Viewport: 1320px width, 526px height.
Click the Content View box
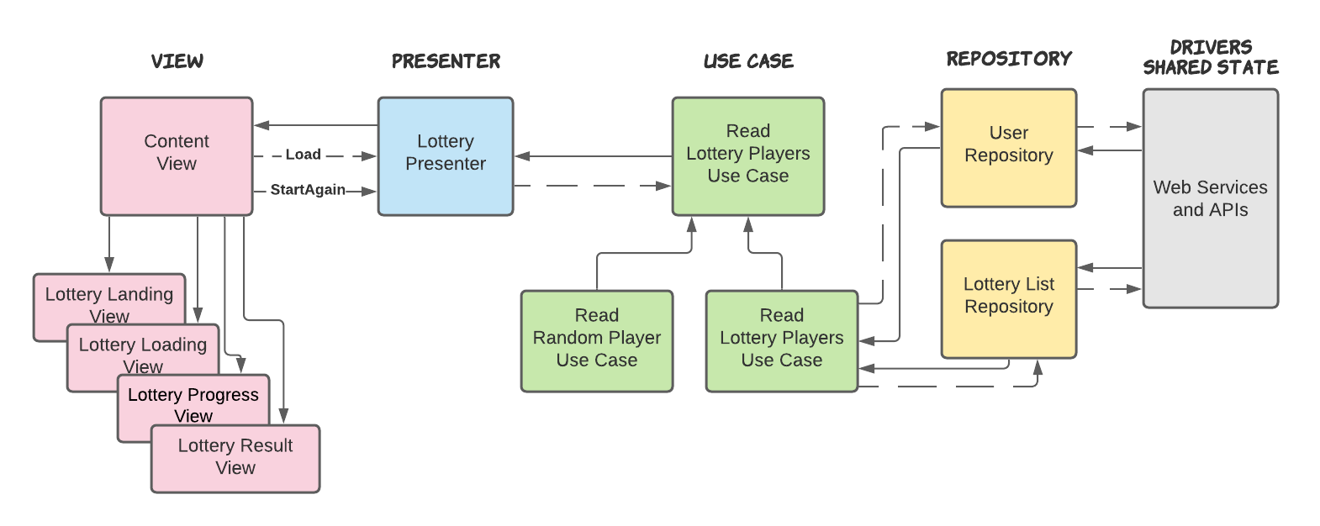coord(177,155)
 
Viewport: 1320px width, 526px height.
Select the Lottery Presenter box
coord(446,155)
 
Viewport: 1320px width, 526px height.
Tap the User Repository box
coord(1008,147)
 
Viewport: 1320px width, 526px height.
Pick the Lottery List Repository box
coord(1008,298)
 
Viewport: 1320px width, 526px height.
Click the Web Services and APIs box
coord(1210,198)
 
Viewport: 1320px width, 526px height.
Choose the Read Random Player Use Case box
coord(597,340)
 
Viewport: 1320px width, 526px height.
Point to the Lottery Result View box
coord(235,458)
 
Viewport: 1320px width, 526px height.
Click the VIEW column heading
coord(177,61)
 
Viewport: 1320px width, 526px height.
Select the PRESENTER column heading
coord(446,61)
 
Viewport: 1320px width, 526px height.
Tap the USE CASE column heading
coord(748,61)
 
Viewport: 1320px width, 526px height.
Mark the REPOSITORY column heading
coord(1009,59)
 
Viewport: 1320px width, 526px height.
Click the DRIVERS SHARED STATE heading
coord(1211,58)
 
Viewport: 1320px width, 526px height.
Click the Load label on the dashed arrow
coord(303,155)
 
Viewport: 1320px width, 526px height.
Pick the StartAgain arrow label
coord(308,190)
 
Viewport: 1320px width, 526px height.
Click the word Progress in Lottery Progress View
coord(223,395)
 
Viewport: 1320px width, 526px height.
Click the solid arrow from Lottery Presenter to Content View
coord(315,125)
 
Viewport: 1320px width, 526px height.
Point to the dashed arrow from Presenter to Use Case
coord(593,186)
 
